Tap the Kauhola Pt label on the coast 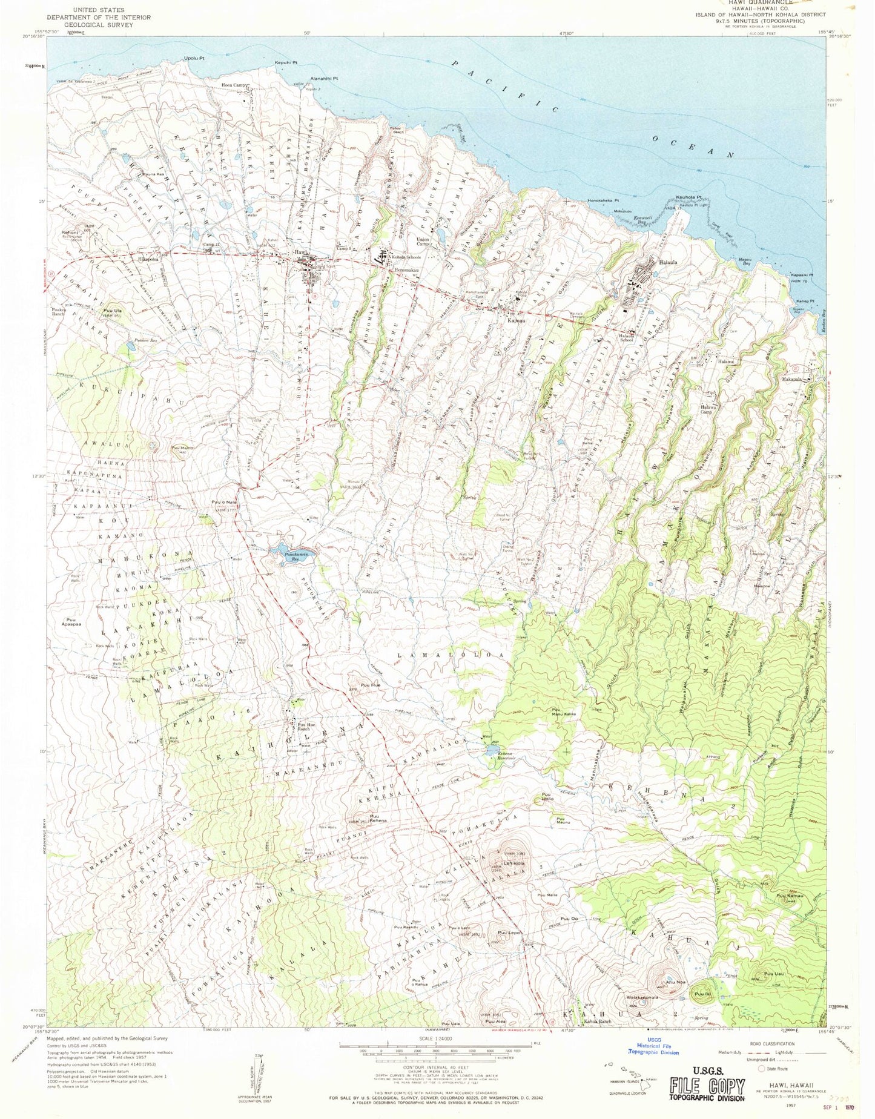pyautogui.click(x=688, y=197)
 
